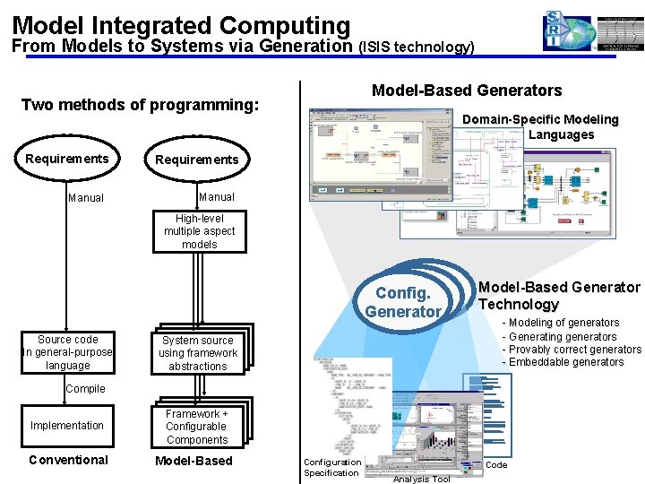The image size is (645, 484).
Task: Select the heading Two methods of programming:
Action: [x=140, y=105]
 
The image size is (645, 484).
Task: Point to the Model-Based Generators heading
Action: [x=467, y=90]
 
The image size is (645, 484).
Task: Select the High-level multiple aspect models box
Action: [x=199, y=231]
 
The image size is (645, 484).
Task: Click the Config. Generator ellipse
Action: [x=403, y=302]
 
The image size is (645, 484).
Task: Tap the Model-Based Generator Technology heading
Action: [x=559, y=296]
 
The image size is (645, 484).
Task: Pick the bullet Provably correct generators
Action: [x=574, y=349]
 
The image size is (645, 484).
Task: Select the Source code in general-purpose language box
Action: [x=68, y=352]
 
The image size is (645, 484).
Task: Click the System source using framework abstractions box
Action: [x=198, y=353]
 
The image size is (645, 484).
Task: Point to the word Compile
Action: [x=85, y=389]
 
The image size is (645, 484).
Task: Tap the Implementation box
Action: [x=67, y=426]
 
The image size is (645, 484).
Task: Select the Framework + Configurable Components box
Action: [x=197, y=427]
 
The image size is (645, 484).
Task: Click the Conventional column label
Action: [x=68, y=460]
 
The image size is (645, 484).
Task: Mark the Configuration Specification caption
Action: [x=331, y=468]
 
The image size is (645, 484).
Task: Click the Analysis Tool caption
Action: [x=421, y=479]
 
